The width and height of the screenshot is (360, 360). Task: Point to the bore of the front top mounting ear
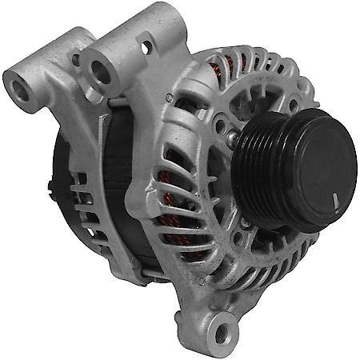coord(100,74)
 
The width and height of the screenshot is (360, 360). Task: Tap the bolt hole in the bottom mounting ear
coord(222,328)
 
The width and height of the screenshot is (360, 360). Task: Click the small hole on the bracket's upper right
coord(146,49)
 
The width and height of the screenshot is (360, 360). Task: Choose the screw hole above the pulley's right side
coord(293,104)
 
